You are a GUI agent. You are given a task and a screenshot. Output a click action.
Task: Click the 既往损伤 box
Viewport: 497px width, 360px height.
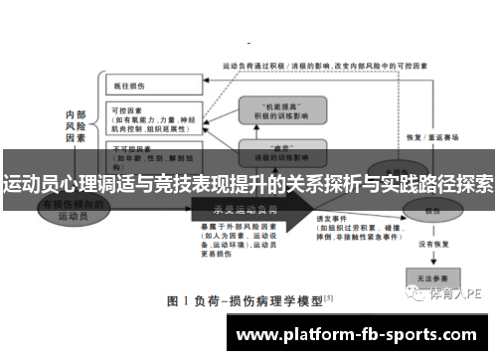click(x=148, y=88)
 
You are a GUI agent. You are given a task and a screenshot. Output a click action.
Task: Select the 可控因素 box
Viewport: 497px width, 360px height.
click(x=149, y=119)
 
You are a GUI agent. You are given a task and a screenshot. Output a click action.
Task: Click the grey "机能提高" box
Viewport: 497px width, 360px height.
click(x=281, y=110)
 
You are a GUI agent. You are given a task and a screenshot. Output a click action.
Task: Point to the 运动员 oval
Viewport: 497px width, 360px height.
click(x=69, y=209)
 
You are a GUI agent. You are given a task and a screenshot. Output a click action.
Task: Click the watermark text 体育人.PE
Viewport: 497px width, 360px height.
click(x=455, y=294)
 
